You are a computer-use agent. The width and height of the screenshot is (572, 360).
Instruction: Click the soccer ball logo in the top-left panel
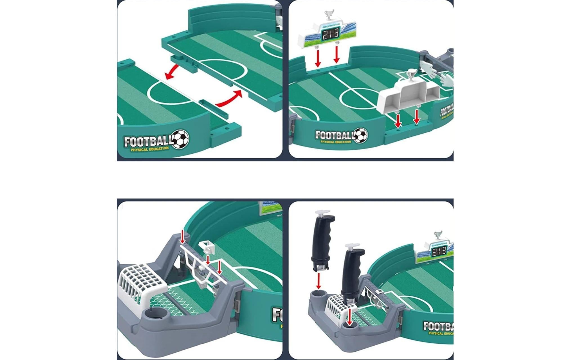click(180, 139)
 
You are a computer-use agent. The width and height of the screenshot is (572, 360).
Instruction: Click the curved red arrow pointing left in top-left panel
click(172, 72)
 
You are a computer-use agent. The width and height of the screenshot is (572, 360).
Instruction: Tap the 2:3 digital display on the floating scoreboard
click(331, 35)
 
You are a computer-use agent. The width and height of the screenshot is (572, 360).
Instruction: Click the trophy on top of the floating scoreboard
click(329, 15)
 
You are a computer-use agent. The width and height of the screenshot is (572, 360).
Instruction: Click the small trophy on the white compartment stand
click(411, 75)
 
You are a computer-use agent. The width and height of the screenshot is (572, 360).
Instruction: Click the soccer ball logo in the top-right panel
click(360, 136)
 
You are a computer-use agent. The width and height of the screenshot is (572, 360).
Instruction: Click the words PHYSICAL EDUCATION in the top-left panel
click(149, 149)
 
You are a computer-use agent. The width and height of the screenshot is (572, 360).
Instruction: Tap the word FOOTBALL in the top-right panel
click(334, 135)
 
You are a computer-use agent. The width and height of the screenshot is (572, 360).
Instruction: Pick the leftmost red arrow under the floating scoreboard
click(318, 58)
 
